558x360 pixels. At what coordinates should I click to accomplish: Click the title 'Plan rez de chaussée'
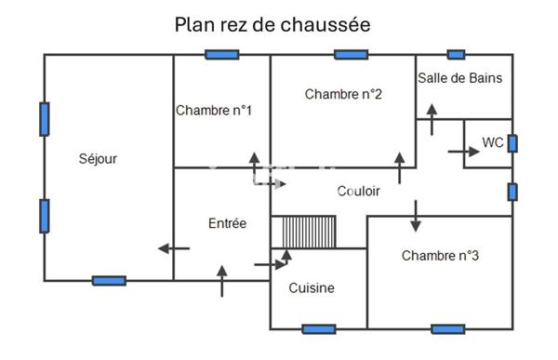point(272,24)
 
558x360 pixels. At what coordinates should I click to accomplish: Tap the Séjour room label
point(98,158)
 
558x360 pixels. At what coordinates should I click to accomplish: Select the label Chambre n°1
point(214,110)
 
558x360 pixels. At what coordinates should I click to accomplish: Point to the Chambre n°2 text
point(343,93)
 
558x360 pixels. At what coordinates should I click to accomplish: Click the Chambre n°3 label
point(440,255)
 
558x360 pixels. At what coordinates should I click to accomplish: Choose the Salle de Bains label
point(459,78)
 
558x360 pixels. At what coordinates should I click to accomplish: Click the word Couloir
point(358,191)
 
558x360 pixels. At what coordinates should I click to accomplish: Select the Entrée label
point(227,223)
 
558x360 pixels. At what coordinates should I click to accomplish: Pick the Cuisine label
point(312,287)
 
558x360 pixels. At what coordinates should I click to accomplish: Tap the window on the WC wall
point(512,143)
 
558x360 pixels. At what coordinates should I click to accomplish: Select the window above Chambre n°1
point(221,55)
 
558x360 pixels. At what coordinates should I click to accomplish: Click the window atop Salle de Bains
point(456,55)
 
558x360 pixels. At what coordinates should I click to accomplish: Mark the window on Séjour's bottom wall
point(109,280)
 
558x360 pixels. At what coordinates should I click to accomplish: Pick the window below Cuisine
point(318,328)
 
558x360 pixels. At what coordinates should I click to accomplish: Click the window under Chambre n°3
point(447,328)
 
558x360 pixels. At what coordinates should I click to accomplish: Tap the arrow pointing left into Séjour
point(174,248)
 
